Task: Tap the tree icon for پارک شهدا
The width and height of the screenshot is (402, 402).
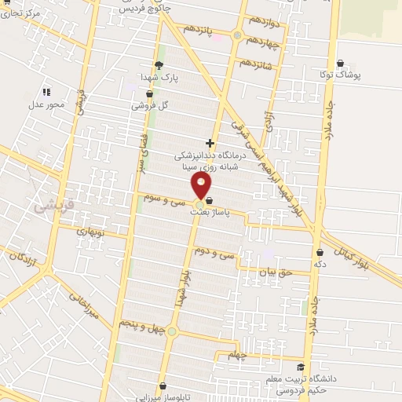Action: pos(159,66)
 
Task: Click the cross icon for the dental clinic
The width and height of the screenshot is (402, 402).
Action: pos(209,143)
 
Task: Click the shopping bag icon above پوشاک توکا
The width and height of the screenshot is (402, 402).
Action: pos(339,64)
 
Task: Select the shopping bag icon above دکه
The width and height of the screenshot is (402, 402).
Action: pos(320,253)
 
